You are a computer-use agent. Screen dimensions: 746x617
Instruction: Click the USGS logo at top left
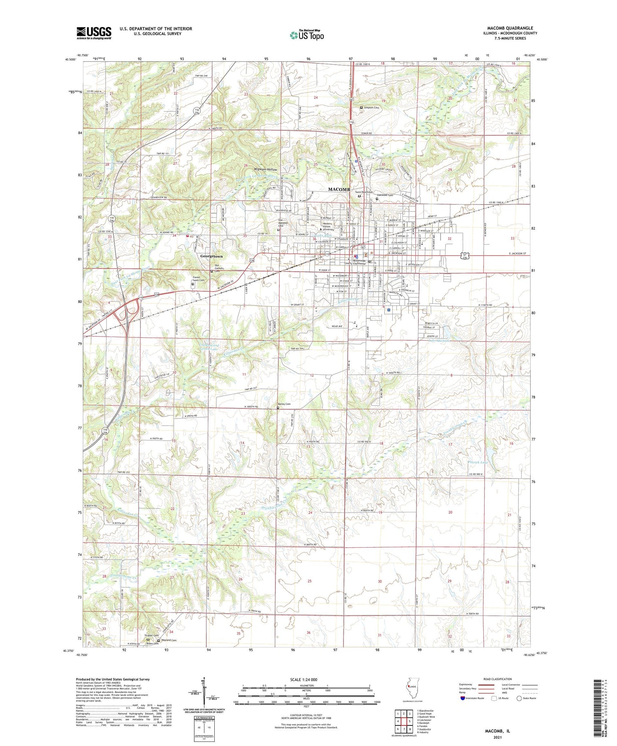[x=94, y=33]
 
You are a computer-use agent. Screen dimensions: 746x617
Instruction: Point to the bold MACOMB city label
[x=339, y=189]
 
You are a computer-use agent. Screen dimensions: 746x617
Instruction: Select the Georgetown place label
[x=211, y=256]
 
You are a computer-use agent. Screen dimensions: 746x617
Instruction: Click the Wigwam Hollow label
[x=265, y=170]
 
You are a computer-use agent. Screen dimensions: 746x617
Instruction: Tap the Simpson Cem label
[x=371, y=107]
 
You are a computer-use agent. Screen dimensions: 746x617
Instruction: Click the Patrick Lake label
[x=478, y=462]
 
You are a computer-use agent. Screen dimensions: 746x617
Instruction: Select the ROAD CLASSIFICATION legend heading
[x=498, y=679]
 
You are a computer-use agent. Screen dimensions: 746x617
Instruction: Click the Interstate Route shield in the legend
[x=464, y=698]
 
